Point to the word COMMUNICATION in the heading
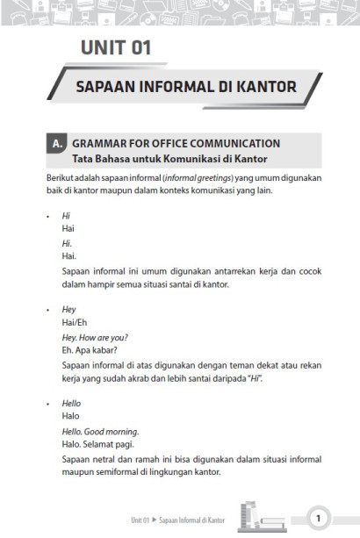233,143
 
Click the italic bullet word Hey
69,309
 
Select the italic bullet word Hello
71,403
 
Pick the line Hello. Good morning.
100,431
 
